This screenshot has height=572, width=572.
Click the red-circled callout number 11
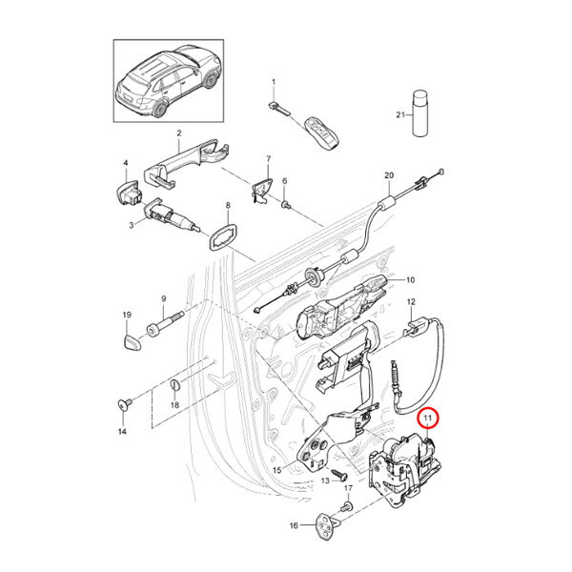click(428, 418)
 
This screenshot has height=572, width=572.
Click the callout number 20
click(388, 175)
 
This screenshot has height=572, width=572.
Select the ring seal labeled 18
click(175, 385)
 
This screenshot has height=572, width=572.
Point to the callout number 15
click(277, 470)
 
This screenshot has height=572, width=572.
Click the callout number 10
click(411, 280)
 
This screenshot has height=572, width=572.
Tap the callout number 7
click(268, 159)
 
